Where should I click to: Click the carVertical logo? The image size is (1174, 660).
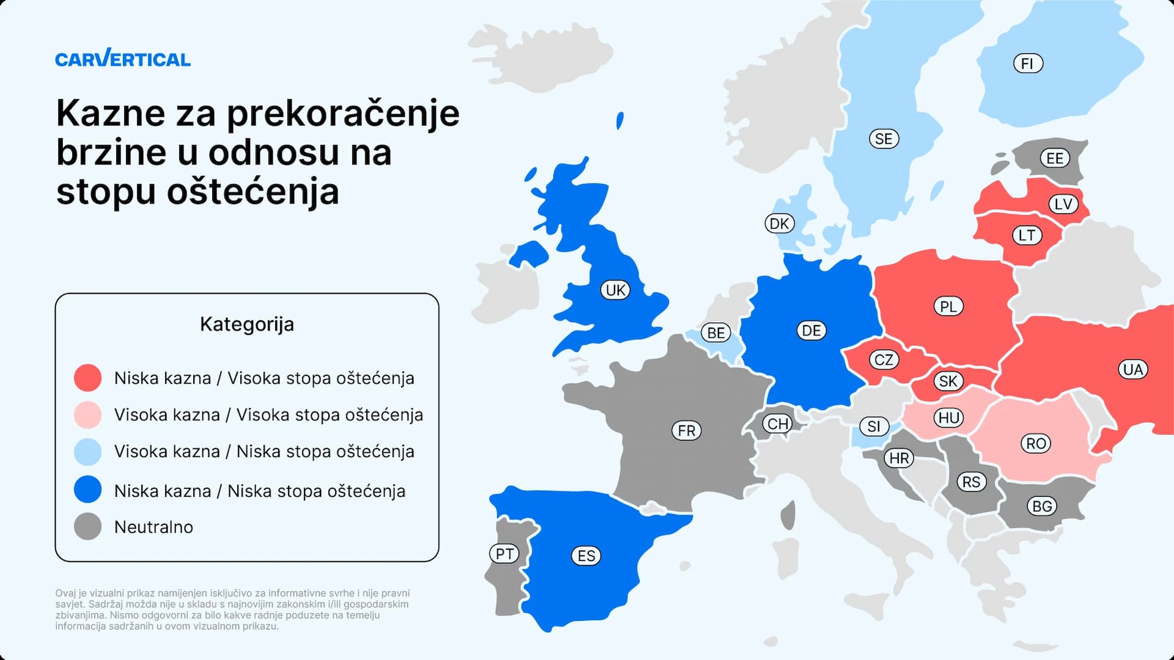[122, 59]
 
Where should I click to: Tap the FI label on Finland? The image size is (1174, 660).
[1027, 64]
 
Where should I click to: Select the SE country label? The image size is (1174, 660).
[884, 139]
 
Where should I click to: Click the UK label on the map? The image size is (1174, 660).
[615, 290]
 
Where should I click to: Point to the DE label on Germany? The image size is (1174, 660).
[811, 331]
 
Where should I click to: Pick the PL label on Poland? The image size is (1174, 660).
[948, 306]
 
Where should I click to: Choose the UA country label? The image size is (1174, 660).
[1132, 369]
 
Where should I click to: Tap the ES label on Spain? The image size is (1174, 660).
[586, 555]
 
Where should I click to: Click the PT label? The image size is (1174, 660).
[504, 554]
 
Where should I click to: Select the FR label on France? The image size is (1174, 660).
[686, 430]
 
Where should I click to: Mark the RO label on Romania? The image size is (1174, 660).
[1036, 443]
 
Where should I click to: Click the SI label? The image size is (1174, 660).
[874, 426]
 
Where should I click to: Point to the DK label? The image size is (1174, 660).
[779, 224]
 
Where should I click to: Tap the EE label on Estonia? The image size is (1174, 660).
[1055, 158]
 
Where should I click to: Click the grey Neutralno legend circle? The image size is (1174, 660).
[87, 526]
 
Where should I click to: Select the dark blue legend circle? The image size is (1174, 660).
[87, 490]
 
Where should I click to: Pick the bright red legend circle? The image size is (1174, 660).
[87, 378]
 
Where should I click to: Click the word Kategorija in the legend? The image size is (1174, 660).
[246, 324]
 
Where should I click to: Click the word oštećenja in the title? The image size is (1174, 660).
[253, 192]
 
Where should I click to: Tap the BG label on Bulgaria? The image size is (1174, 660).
[1042, 506]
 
